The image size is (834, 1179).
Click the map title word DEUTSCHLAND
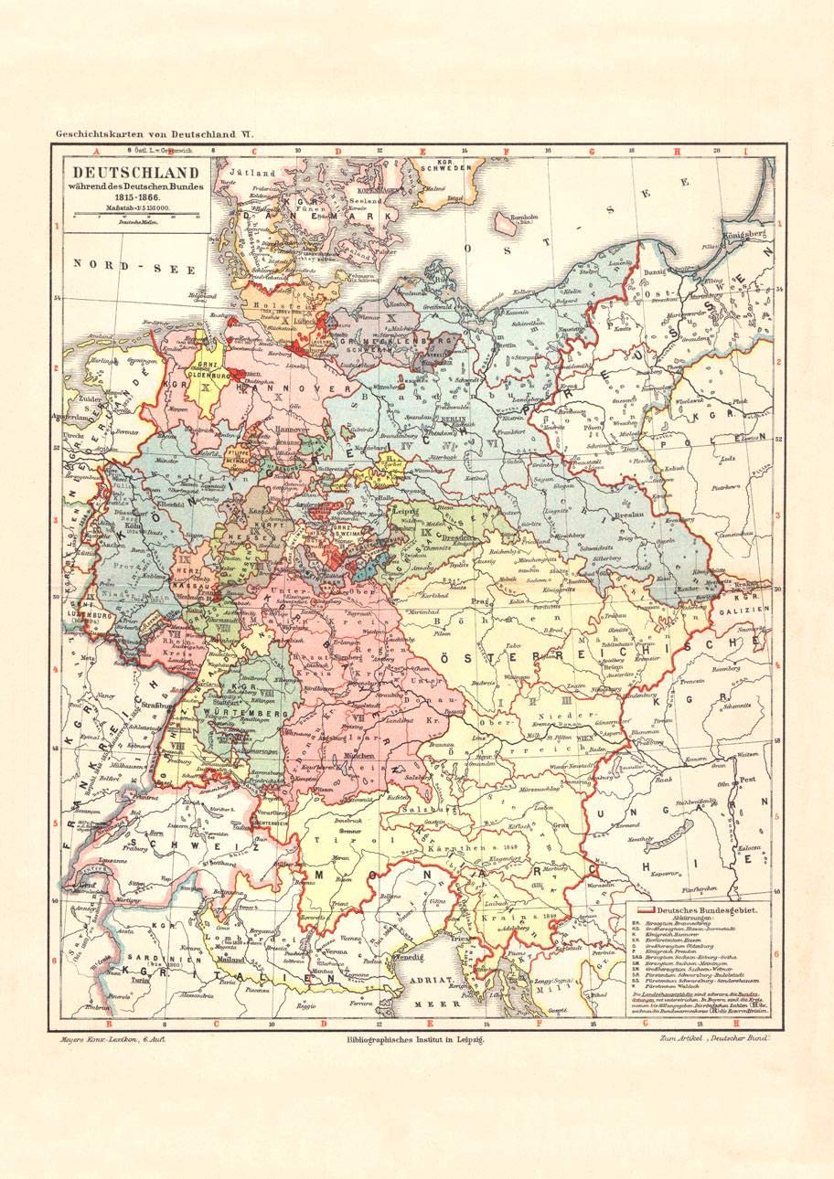(x=136, y=171)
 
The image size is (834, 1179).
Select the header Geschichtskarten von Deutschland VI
(x=153, y=134)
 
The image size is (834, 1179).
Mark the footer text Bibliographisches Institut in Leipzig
(x=410, y=1040)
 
